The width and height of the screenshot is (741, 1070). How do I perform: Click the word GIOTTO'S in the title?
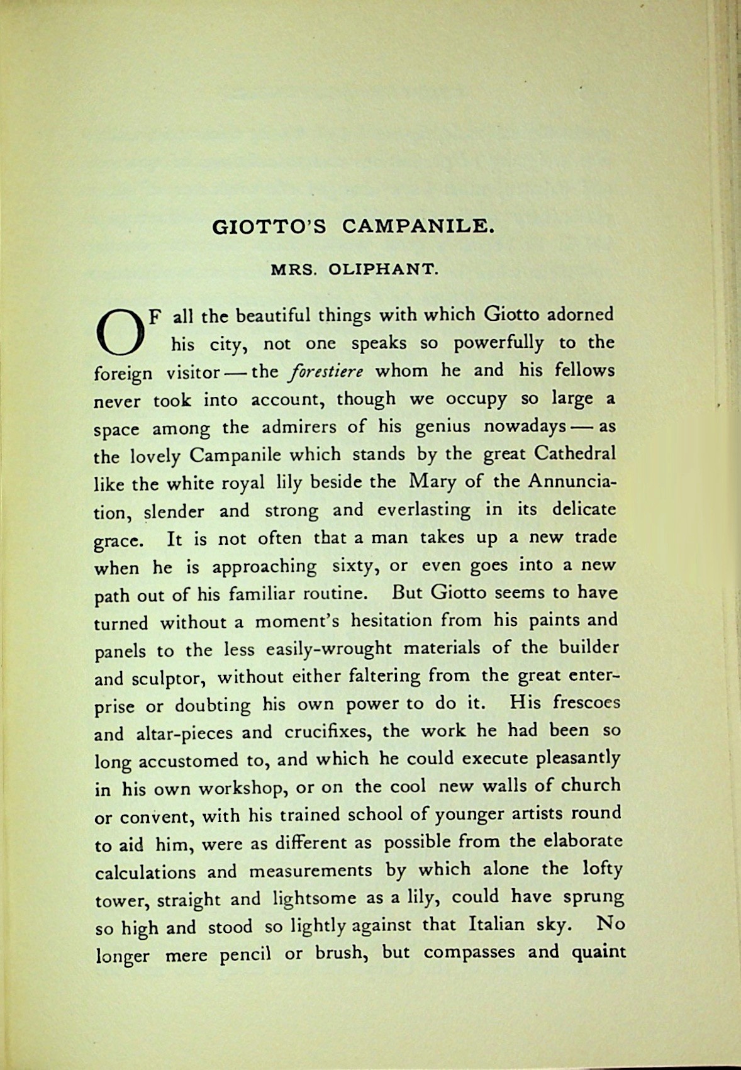(x=270, y=226)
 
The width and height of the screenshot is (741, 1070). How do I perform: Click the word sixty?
(x=355, y=566)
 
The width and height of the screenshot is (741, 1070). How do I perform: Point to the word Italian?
(x=496, y=925)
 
